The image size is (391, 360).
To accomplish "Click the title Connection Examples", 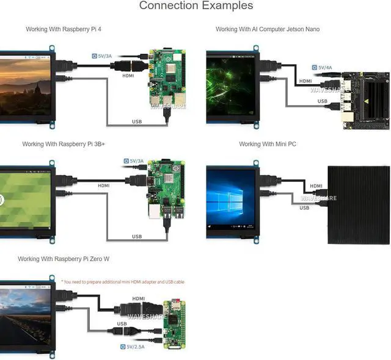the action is pos(196,5).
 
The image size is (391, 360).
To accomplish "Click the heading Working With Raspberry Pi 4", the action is pos(64,29).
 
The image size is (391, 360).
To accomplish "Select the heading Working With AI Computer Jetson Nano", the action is pos(268,29).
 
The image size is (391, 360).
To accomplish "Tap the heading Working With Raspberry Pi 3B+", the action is pos(64,144).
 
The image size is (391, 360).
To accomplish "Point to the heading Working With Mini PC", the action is pos(268,144).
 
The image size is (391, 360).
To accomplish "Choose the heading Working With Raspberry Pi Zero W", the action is pos(64,259).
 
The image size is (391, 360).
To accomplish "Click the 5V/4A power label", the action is pos(322,68).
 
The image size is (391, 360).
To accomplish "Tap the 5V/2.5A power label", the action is pos(133,347).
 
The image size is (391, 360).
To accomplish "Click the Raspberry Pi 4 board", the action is pos(167,79).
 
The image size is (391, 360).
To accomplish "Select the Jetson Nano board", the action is pos(365,101).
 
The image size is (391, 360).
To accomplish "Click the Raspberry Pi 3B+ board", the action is pos(166,190).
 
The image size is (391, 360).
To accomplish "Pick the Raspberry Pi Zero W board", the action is pos(174,325).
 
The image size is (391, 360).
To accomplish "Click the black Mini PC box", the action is pos(359,205).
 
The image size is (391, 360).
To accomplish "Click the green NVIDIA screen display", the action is pos(231,85).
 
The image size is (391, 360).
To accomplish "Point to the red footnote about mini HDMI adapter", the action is pos(123,282).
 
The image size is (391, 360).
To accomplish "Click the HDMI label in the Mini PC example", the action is pos(316,186).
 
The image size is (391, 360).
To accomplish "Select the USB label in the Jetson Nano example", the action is pos(322,101).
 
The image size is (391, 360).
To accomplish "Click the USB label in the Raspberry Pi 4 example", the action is pos(137,121).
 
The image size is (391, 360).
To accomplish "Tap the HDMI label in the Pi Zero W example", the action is pos(139,298).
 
